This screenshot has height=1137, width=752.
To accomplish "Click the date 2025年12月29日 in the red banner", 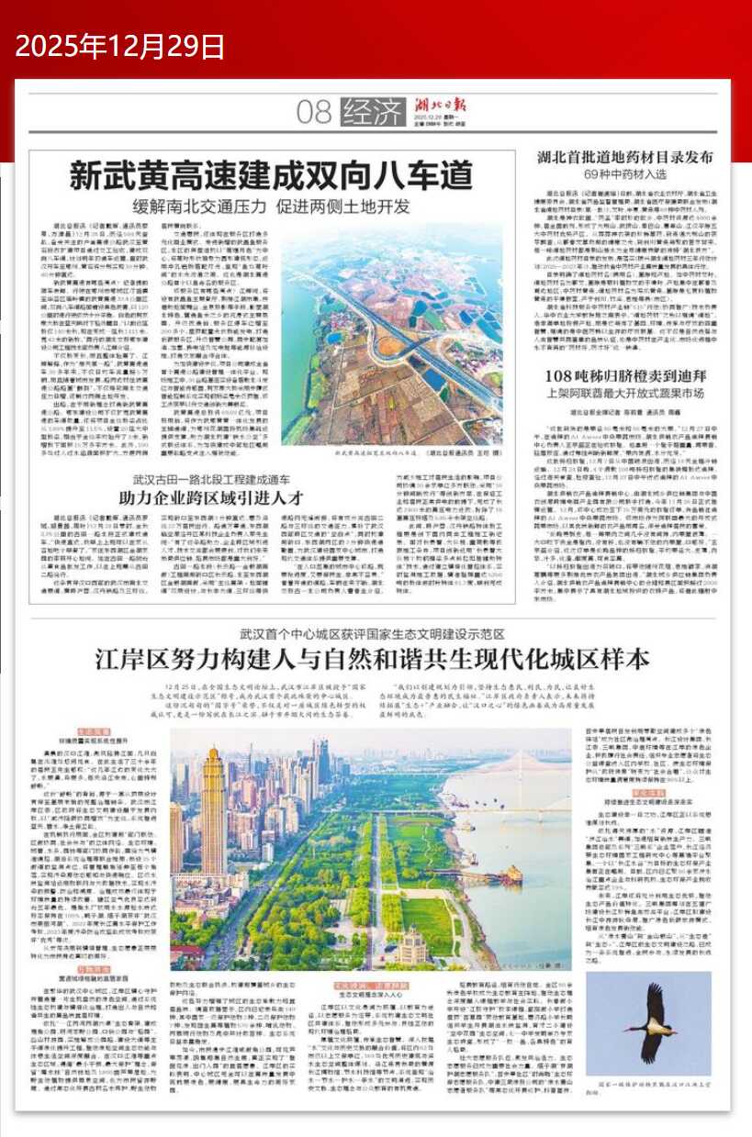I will [120, 45].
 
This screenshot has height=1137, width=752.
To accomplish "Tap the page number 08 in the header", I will [313, 113].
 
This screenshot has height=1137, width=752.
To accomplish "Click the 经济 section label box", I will [372, 113].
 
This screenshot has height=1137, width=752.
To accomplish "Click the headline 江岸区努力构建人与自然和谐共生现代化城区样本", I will [373, 659].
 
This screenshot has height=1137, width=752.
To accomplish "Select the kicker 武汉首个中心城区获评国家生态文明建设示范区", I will [373, 633].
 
